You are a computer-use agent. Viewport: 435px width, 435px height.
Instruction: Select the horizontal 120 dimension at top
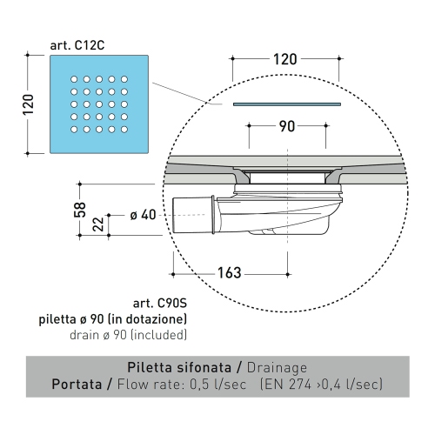point(284,60)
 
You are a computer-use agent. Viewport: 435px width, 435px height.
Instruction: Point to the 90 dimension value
point(284,126)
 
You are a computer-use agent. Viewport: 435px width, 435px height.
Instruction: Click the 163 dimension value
point(228,273)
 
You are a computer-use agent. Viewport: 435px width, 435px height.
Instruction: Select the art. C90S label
point(159,304)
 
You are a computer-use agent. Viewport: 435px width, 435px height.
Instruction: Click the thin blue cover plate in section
point(284,104)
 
